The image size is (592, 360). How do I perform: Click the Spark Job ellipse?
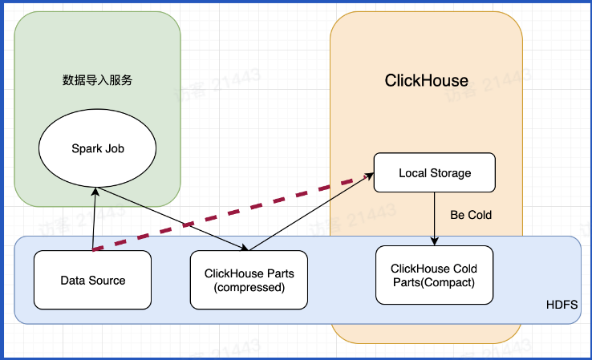(98, 149)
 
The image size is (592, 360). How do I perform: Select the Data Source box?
(93, 280)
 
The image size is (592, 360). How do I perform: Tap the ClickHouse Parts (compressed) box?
(249, 280)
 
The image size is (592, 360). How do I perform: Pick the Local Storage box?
(435, 172)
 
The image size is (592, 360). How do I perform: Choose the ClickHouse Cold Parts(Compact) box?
(433, 275)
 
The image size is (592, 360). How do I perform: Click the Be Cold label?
(472, 215)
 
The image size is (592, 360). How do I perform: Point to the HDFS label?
(561, 306)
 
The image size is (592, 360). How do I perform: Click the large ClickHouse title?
(426, 81)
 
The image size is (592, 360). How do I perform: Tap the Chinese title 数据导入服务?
(97, 80)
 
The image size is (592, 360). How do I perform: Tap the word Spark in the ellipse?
(86, 149)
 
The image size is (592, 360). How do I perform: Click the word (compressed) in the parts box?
(249, 287)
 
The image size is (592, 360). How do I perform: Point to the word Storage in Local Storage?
(451, 172)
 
